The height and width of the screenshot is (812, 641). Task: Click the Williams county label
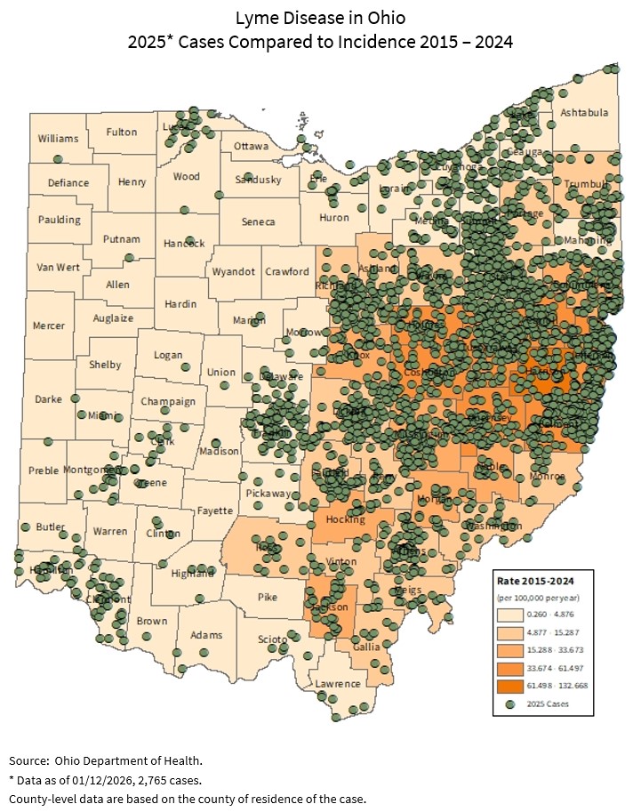click(58, 139)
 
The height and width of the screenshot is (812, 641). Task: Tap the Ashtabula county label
click(584, 113)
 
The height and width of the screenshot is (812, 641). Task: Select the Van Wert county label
click(58, 268)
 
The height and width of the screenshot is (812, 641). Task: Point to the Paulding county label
click(59, 220)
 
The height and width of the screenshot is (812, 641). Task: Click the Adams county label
click(205, 635)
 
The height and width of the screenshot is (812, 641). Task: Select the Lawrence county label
click(338, 683)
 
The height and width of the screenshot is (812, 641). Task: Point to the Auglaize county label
click(113, 318)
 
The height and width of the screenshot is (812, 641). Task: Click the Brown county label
click(152, 621)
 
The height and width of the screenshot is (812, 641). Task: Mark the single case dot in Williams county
click(58, 159)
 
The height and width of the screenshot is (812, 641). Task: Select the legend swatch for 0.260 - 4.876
click(512, 614)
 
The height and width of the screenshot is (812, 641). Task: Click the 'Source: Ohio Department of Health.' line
click(106, 760)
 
